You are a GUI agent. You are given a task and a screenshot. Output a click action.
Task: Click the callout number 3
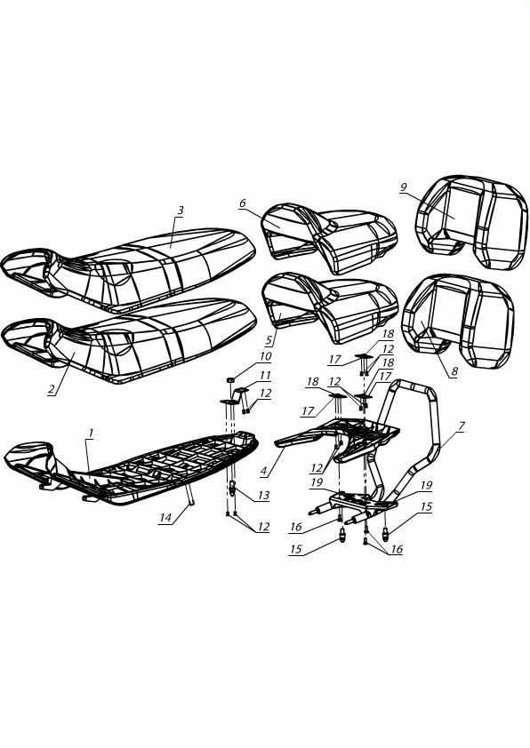pos(181,211)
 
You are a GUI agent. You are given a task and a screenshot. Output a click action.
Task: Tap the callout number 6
pos(243,203)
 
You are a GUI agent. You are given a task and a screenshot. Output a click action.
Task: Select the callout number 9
pos(404,187)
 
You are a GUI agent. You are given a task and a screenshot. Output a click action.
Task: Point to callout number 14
pos(165,519)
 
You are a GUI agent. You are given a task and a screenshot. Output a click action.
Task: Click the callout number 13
pos(264,496)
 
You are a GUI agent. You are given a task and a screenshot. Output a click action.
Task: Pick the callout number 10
pos(266,356)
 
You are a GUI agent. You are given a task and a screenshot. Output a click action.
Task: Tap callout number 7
pos(461,427)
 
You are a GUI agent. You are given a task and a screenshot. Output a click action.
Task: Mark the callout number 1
pos(91,434)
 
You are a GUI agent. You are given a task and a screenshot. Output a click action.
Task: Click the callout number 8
pos(454,371)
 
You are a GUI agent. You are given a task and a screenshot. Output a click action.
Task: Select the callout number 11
pos(266,376)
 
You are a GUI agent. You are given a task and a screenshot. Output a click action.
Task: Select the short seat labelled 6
pos(329,238)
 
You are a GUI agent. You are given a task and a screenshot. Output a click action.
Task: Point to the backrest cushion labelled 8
pos(457,321)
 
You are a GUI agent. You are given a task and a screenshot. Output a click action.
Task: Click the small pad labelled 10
pos(229,379)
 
